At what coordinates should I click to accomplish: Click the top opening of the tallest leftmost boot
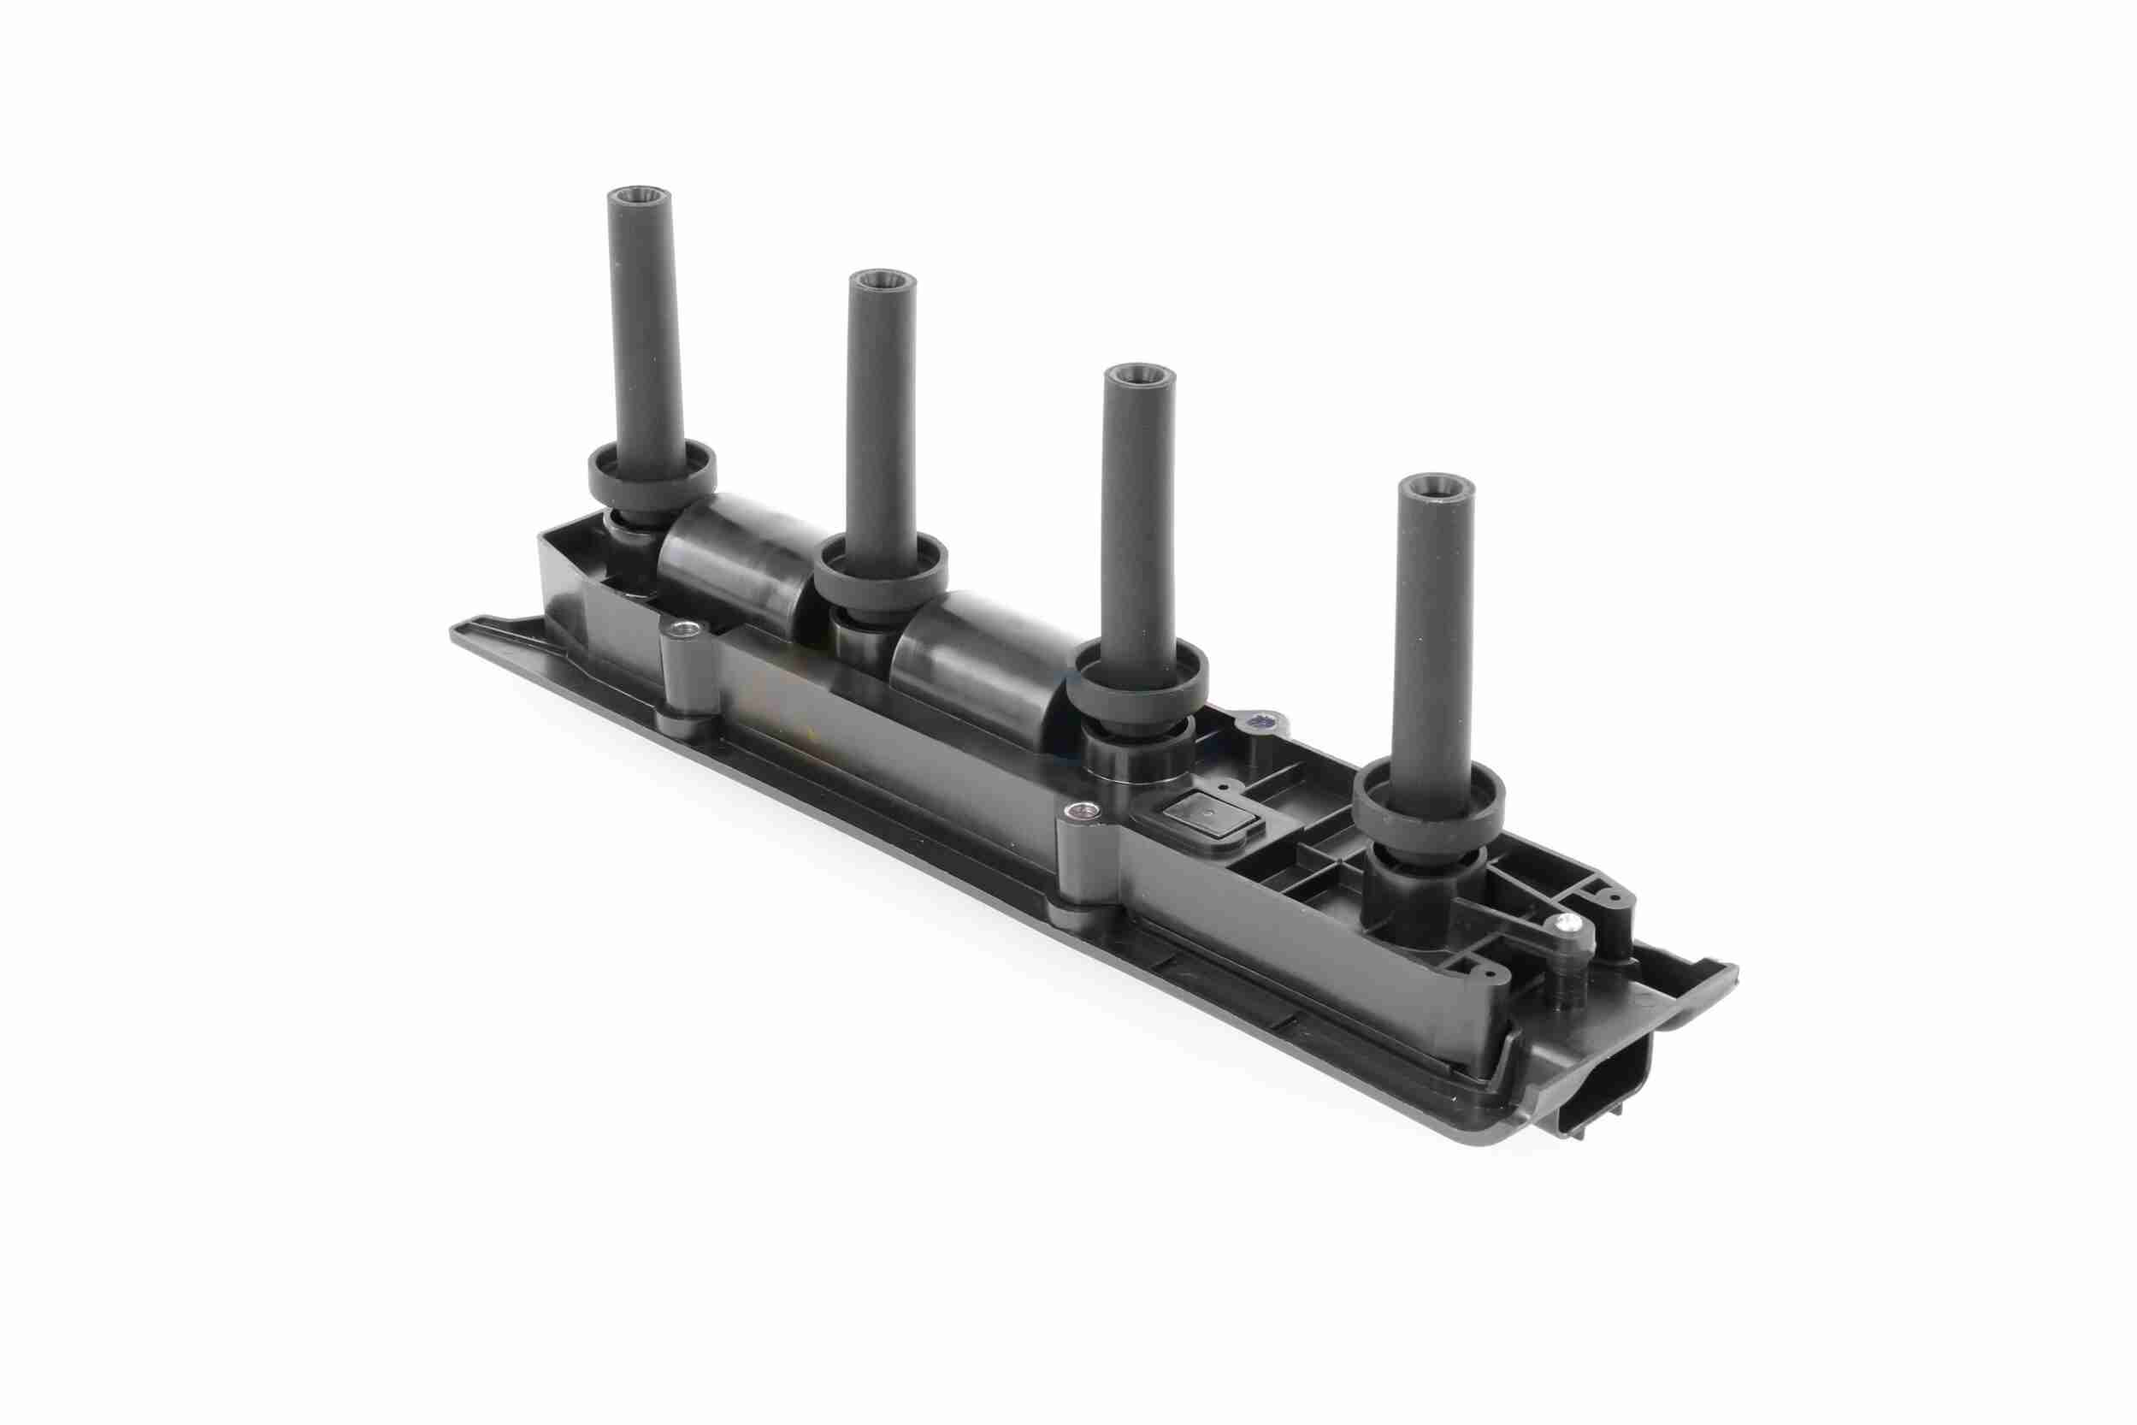click(x=639, y=197)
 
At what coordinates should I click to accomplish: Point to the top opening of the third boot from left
click(x=1138, y=375)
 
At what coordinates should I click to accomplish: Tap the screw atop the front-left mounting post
click(x=682, y=630)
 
